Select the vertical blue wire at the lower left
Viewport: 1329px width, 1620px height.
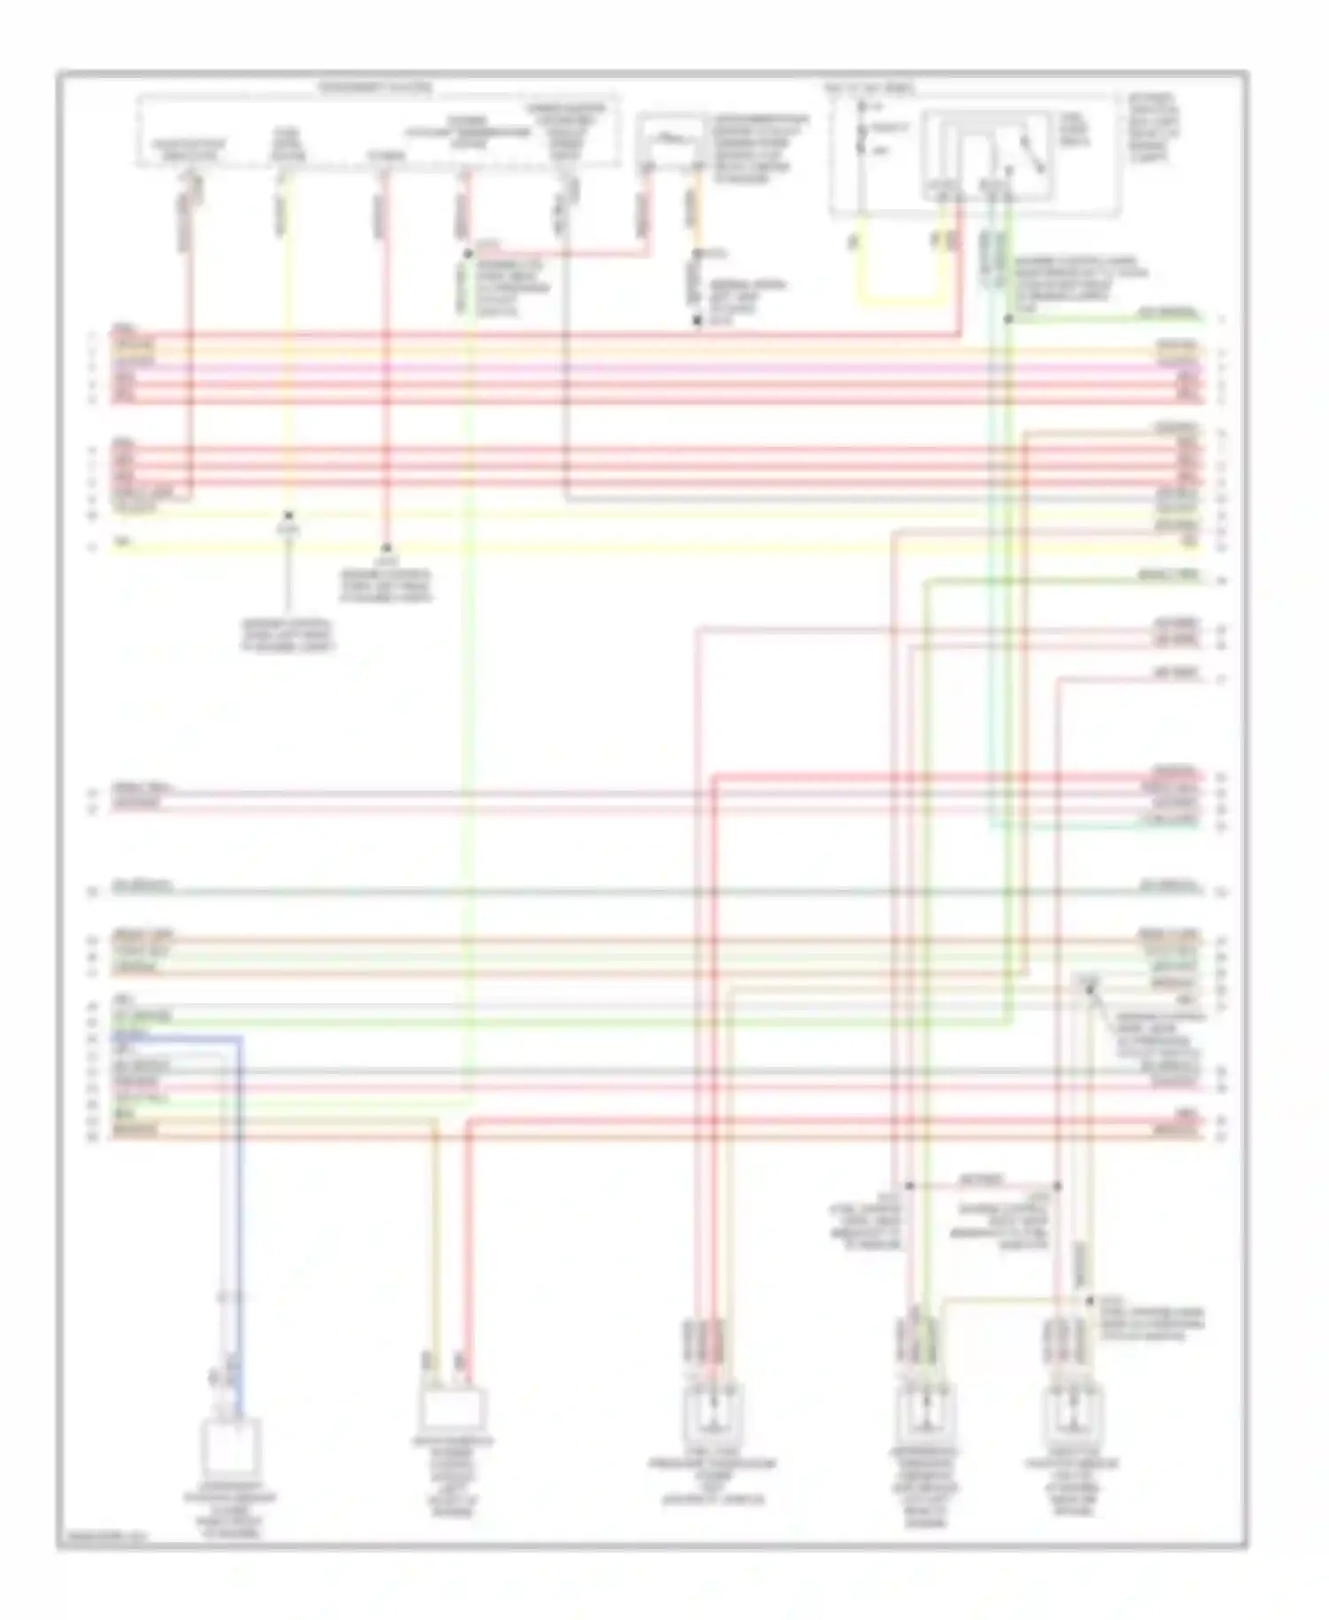coord(238,1223)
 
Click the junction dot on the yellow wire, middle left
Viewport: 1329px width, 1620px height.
coord(287,515)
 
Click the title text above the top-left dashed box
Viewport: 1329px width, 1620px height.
coord(376,89)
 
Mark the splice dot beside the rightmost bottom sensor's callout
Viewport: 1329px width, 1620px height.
coord(1090,1301)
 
